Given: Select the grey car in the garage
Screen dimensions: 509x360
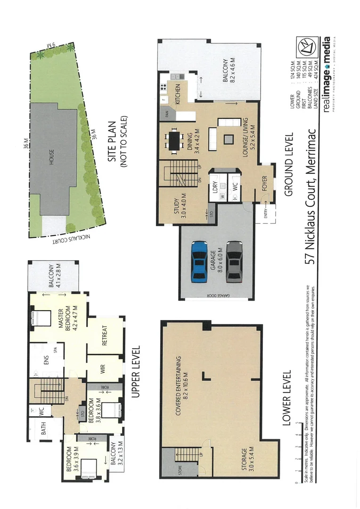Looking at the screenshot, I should pos(233,262).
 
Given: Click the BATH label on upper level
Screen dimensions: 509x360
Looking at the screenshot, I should pos(43,429).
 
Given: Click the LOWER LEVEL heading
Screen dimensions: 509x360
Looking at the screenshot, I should pos(285,398).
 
